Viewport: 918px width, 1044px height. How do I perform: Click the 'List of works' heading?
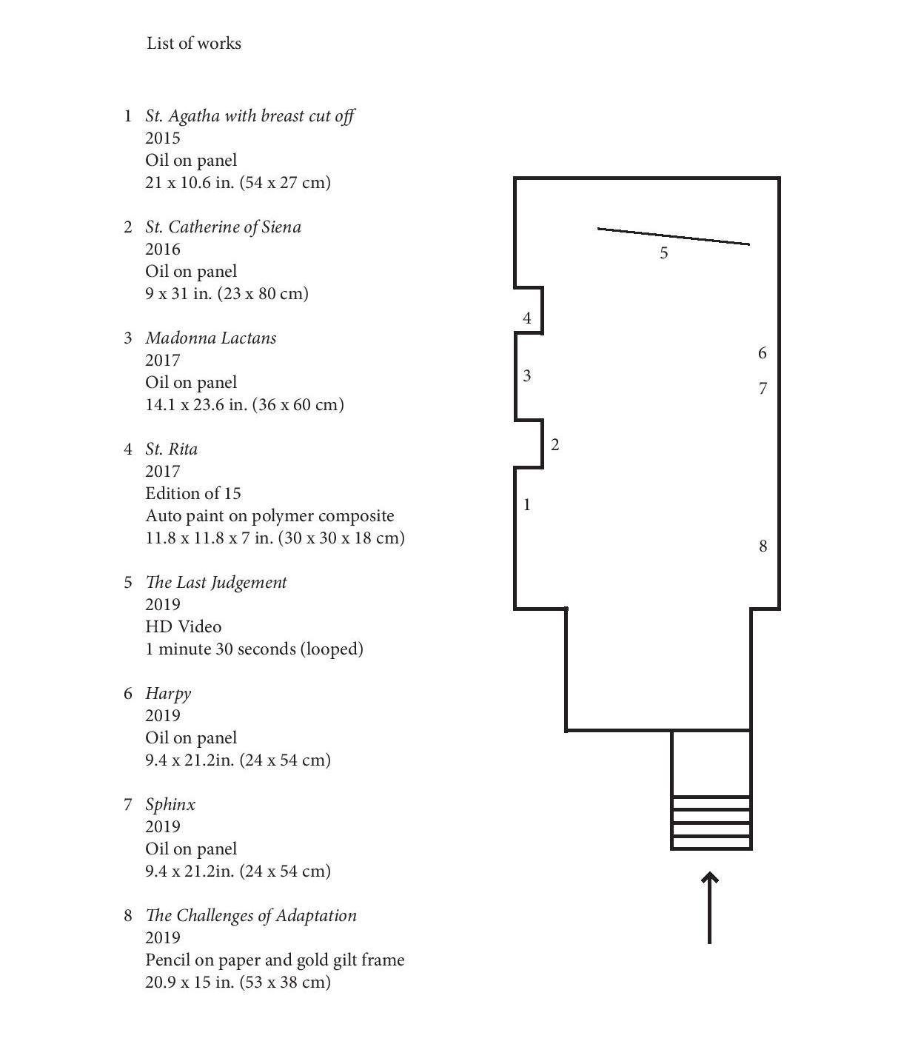pyautogui.click(x=194, y=43)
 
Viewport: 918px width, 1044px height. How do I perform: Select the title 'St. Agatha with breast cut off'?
pyautogui.click(x=249, y=116)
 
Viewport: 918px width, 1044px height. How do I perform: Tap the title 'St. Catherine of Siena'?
pyautogui.click(x=223, y=227)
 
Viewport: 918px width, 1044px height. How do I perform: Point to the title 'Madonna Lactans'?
pyautogui.click(x=211, y=338)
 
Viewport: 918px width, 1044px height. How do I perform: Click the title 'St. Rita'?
pyautogui.click(x=171, y=449)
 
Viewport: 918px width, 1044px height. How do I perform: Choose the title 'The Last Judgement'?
pyautogui.click(x=215, y=582)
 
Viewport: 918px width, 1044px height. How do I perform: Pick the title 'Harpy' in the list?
pyautogui.click(x=168, y=693)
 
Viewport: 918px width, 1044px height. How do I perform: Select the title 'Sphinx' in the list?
pyautogui.click(x=170, y=804)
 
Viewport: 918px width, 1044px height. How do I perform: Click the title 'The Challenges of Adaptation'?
pyautogui.click(x=251, y=915)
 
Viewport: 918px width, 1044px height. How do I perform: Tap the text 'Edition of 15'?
pyautogui.click(x=193, y=493)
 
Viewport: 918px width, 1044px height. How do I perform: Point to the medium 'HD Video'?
pyautogui.click(x=183, y=626)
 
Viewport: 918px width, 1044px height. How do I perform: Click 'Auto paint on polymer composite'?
pyautogui.click(x=269, y=515)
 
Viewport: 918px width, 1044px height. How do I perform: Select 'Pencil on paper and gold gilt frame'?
pyautogui.click(x=275, y=960)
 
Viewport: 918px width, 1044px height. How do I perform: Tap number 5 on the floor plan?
pyautogui.click(x=664, y=253)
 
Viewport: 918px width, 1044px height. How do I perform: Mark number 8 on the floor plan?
pyautogui.click(x=763, y=546)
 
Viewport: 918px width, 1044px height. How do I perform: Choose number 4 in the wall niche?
pyautogui.click(x=527, y=318)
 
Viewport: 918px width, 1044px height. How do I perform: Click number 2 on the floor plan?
pyautogui.click(x=555, y=445)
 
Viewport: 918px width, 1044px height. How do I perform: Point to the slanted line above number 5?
pyautogui.click(x=674, y=236)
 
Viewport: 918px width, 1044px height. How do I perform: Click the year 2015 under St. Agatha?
pyautogui.click(x=163, y=138)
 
